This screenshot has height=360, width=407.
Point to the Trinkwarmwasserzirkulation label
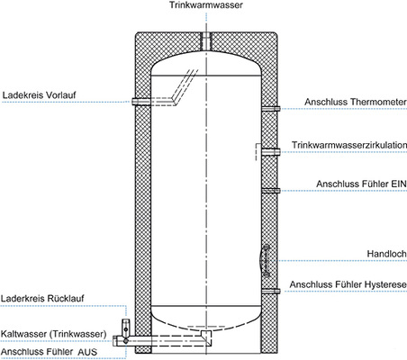(x=349, y=144)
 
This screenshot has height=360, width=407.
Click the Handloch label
(x=385, y=253)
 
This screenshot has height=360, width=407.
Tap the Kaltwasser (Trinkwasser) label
(x=54, y=333)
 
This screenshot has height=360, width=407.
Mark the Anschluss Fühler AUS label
(x=51, y=351)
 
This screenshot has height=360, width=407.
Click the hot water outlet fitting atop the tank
(x=204, y=40)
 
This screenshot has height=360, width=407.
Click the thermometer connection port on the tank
(x=269, y=108)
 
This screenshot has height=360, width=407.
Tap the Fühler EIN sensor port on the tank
(x=269, y=190)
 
